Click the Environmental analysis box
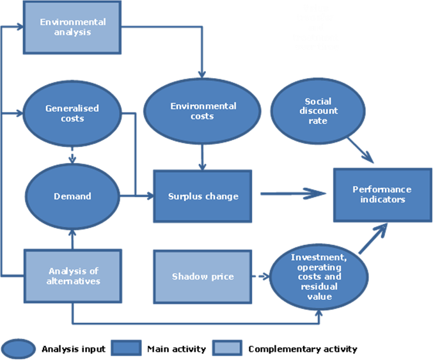73,27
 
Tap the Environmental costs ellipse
202,111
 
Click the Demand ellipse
72,196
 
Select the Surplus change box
202,196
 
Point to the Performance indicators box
382,195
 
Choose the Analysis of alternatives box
73,276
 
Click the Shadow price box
202,276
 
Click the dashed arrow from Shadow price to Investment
260,276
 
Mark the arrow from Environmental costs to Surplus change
202,157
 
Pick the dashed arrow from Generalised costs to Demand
72,155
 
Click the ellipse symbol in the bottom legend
19,348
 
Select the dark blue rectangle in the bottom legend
125,348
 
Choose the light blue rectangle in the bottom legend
227,348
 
